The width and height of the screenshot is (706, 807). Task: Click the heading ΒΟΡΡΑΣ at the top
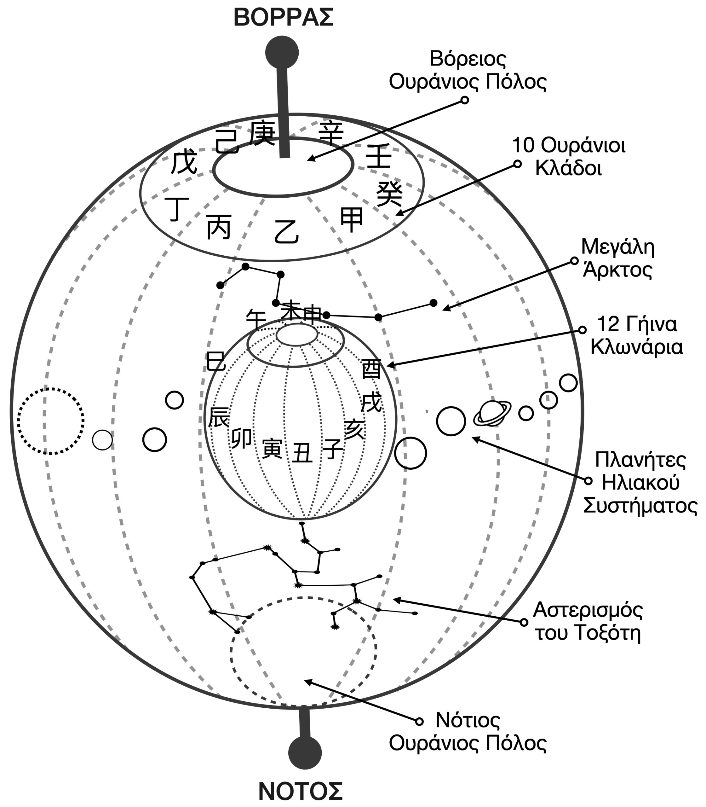(283, 18)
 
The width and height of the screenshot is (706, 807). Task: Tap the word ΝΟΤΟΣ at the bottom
(301, 790)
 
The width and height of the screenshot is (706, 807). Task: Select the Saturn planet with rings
(492, 413)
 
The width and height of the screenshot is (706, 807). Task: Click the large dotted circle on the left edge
(50, 421)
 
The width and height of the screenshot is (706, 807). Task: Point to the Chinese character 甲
(351, 220)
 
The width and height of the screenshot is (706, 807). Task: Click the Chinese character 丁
(177, 209)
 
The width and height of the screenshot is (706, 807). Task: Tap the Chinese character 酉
(371, 369)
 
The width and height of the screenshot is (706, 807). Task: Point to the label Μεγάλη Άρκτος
(617, 258)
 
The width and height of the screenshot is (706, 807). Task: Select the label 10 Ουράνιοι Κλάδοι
(569, 156)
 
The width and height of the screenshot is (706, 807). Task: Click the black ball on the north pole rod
(282, 52)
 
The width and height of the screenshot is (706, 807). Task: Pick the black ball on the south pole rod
(305, 752)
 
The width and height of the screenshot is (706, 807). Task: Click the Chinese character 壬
(378, 156)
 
